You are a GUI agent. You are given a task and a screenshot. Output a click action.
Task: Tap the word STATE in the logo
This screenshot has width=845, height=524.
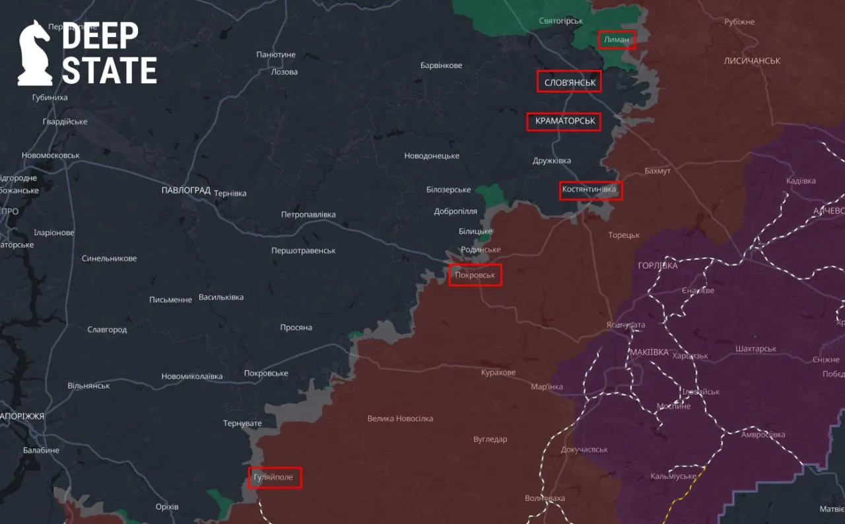[x=110, y=70]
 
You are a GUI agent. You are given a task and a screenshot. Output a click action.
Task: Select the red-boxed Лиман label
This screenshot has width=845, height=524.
[x=617, y=40]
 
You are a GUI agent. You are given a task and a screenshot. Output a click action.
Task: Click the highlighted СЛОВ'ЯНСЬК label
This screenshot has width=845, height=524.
[x=568, y=82]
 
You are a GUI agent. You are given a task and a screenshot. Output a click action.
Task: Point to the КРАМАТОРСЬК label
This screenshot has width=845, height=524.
[x=563, y=122]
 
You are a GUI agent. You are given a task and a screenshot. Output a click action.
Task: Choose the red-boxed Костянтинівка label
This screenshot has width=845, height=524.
[x=590, y=190]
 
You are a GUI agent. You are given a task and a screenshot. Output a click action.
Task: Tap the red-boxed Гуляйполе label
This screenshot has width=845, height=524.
[x=275, y=477]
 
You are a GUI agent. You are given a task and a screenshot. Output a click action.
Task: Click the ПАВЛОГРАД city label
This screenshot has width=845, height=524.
[x=186, y=190]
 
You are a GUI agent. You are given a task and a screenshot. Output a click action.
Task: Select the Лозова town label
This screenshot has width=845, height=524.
[x=285, y=72]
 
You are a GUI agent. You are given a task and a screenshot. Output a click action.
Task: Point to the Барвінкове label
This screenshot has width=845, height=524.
[x=441, y=65]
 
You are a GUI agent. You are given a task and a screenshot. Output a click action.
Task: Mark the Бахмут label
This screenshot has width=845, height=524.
[x=658, y=171]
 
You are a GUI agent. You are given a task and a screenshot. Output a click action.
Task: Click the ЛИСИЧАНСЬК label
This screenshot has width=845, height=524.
[x=751, y=61]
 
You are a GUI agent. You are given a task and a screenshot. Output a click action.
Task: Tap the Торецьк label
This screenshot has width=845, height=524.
[x=624, y=235]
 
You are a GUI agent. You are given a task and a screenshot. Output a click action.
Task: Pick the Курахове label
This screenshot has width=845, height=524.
[x=498, y=373]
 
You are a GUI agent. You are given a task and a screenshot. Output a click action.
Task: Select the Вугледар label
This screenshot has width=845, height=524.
[x=490, y=439]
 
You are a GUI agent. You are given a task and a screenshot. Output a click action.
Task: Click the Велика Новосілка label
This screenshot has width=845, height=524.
[x=400, y=418]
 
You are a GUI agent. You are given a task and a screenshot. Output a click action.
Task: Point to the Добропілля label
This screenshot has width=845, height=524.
[x=455, y=211]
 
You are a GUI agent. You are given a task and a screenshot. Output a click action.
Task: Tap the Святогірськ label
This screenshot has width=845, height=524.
[x=560, y=20]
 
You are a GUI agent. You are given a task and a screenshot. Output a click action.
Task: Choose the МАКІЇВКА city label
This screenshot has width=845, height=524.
[x=649, y=352]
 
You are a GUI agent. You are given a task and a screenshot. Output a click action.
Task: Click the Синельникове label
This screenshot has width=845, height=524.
[x=109, y=258]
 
